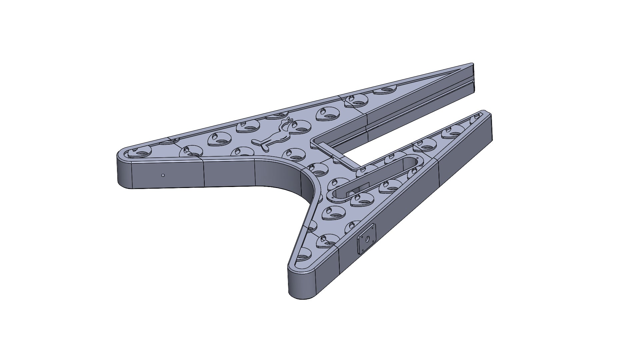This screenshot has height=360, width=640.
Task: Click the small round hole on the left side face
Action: [x=163, y=175]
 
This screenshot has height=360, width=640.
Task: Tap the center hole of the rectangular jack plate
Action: [x=367, y=239]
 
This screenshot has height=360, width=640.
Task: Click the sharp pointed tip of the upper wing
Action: [x=472, y=64]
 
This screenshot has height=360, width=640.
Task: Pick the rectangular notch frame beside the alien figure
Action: [x=337, y=152]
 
